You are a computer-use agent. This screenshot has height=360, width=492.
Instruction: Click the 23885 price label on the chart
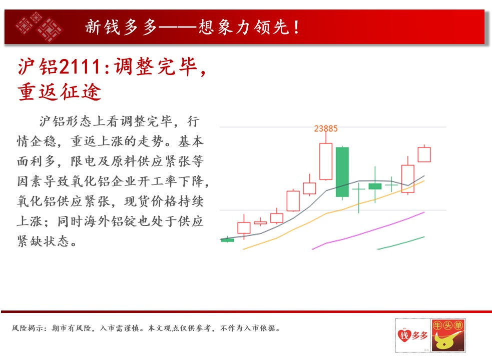326,128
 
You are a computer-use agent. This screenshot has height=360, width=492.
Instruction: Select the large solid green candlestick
342,172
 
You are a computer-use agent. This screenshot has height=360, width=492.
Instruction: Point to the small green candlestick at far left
228,240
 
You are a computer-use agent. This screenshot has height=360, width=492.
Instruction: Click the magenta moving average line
368,231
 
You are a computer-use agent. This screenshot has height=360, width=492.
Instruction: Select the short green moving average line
401,243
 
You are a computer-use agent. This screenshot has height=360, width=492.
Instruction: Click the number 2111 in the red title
80,67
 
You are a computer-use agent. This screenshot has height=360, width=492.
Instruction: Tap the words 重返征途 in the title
59,92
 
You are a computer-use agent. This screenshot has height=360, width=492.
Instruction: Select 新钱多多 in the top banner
121,26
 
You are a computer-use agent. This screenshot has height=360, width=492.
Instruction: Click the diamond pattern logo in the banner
39,26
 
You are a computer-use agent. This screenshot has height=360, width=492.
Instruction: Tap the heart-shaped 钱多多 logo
412,335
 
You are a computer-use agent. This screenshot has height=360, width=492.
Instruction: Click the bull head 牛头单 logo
448,335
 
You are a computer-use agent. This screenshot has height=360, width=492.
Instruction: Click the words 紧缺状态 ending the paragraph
43,241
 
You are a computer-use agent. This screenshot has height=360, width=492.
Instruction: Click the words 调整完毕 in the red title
155,67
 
